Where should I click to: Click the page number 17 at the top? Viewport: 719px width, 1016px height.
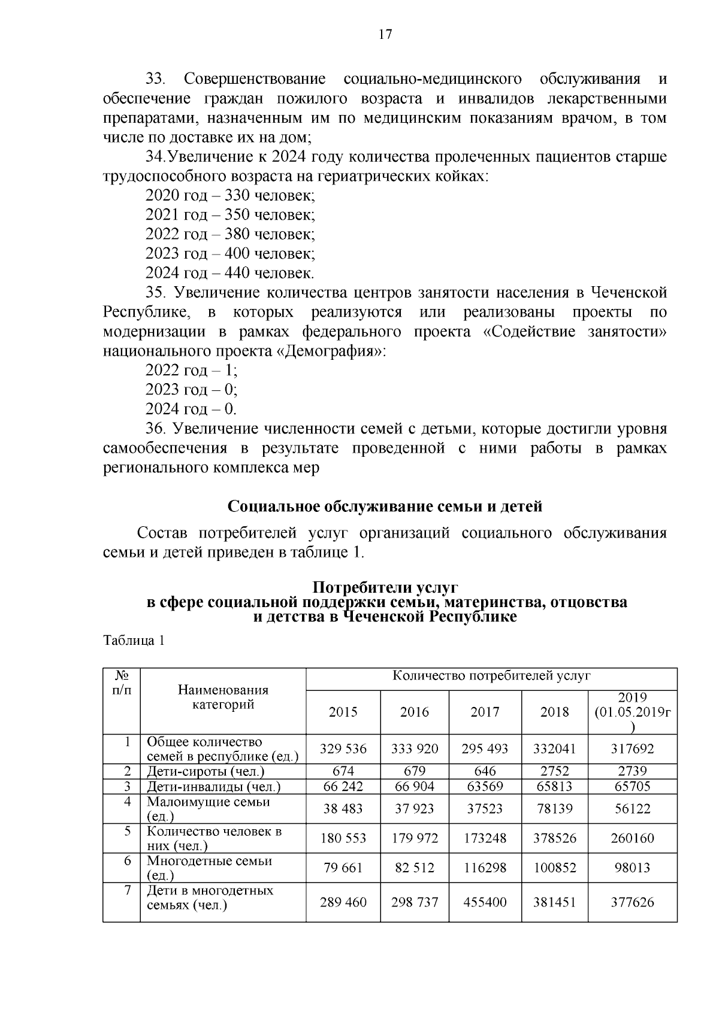click(385, 34)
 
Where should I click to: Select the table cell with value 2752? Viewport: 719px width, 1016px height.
click(554, 771)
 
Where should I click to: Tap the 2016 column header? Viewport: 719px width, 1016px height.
click(415, 712)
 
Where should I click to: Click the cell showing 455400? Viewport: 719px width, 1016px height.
click(485, 902)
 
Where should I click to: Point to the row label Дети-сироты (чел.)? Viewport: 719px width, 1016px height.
click(206, 772)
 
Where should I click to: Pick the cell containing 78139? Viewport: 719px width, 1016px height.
click(554, 809)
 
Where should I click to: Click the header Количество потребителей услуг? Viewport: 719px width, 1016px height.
click(491, 676)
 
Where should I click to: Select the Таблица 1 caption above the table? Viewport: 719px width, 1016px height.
click(134, 641)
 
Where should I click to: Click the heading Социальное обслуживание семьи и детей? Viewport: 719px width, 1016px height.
click(385, 507)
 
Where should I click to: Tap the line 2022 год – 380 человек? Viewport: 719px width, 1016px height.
click(230, 234)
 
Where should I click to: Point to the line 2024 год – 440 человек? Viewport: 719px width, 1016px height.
click(229, 273)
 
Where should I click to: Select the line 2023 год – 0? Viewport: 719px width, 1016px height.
click(191, 390)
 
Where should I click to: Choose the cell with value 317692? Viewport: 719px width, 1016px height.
click(632, 748)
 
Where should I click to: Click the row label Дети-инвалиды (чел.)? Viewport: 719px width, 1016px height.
click(213, 787)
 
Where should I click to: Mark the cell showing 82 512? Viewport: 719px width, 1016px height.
click(415, 868)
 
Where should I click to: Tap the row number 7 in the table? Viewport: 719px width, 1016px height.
click(128, 890)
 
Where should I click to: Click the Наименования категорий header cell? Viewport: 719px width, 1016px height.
click(223, 697)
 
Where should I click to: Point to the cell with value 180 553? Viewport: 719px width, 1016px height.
click(343, 838)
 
